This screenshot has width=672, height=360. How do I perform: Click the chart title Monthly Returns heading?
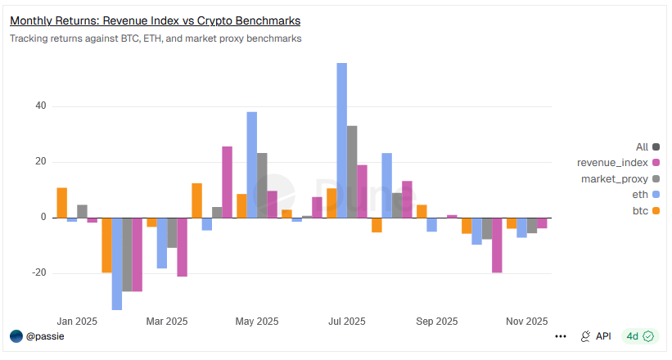pos(155,20)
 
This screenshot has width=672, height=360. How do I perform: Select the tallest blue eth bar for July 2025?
pos(342,139)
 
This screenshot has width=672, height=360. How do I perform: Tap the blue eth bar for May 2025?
pos(252,164)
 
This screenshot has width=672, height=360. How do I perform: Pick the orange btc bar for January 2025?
pos(62,203)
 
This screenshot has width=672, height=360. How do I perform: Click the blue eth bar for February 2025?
pos(117,263)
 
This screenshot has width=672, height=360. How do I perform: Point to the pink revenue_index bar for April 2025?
pos(227,182)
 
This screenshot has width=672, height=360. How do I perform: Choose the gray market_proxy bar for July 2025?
pos(352,171)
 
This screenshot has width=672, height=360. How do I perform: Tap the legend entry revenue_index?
pos(612,163)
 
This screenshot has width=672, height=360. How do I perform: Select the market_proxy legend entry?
pos(614,178)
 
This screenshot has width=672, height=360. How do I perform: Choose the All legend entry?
pos(642,147)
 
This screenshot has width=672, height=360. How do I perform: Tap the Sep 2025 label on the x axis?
pos(436,322)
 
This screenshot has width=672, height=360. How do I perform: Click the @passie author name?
pos(45,336)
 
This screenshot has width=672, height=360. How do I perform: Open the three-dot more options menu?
pos(561,336)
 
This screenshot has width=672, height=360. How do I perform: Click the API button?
pos(596,336)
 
